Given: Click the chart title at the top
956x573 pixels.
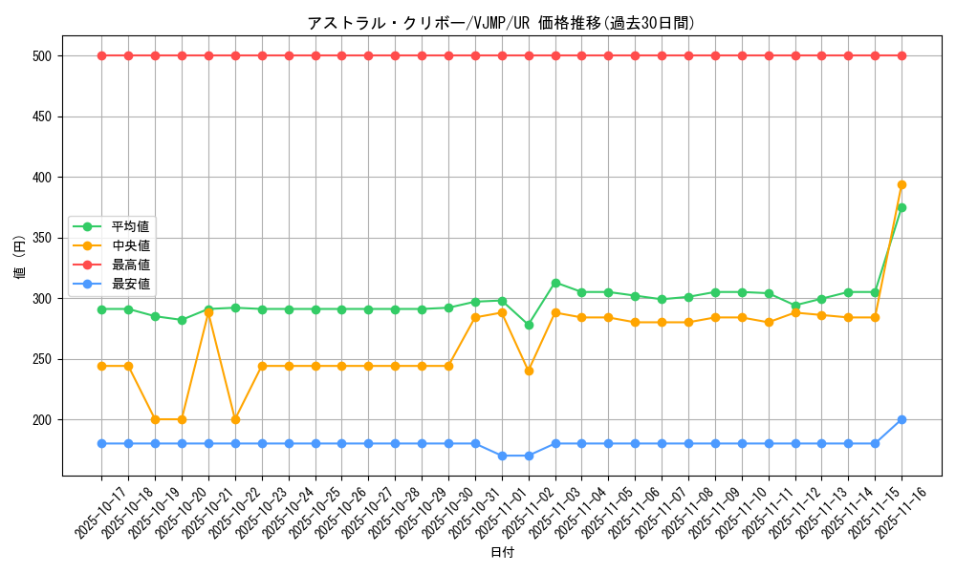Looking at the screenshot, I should pos(500,23).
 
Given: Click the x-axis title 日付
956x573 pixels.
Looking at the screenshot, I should pos(502,553).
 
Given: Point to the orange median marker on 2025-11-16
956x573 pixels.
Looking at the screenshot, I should pos(902,184).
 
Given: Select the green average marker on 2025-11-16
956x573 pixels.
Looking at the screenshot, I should pos(902,207).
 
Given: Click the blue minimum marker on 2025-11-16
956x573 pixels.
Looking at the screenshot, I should pos(902,419).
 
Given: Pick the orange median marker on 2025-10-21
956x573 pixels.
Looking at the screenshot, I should pos(208,312).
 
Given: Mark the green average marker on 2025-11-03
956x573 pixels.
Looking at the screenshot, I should pos(555,283).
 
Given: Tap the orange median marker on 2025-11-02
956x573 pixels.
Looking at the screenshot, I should pos(529,371).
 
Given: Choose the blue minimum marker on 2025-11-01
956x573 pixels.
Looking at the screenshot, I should pos(502,456).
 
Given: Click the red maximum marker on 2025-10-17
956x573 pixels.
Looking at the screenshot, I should pos(101,55).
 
